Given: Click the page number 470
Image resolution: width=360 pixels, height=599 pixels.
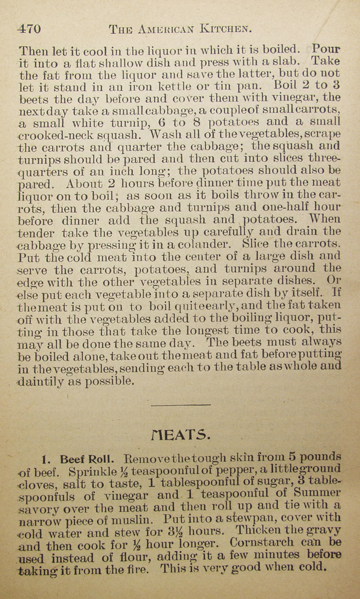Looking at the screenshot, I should (29, 29).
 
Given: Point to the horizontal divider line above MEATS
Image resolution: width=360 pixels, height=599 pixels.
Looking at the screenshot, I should (181, 405).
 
